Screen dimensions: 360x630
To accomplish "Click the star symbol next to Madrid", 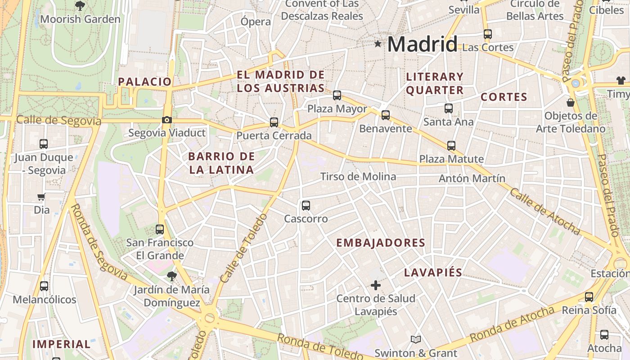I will coord(378,44).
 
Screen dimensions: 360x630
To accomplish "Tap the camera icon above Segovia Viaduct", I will coord(167,120).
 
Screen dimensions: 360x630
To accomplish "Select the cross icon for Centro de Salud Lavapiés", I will coord(375,285).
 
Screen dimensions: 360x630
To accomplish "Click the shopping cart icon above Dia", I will coord(41,197).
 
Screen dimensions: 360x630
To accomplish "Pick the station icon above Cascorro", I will coord(306,206).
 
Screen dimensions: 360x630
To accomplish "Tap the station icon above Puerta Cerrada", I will coord(274,122).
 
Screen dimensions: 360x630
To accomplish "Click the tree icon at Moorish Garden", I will coord(80,6).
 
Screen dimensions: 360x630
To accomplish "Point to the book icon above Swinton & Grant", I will coord(416,339).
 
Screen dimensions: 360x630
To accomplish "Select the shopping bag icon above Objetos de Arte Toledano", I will coord(571,103).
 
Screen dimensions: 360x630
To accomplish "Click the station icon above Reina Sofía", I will coord(589,297).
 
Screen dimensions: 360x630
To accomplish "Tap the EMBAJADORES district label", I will coord(381,243).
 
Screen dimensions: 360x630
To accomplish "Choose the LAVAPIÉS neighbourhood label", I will coord(433,273).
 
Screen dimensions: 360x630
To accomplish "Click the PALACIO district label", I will coord(145,81).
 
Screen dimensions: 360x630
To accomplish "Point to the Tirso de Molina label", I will coord(358,176).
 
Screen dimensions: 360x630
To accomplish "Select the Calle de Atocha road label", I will coord(544,211).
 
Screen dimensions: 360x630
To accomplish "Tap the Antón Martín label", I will coord(472,179).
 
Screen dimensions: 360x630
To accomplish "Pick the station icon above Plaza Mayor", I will coord(337,95).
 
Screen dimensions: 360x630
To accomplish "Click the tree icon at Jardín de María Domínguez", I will coord(171,276).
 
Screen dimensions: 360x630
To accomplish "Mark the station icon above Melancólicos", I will coord(44,286).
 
